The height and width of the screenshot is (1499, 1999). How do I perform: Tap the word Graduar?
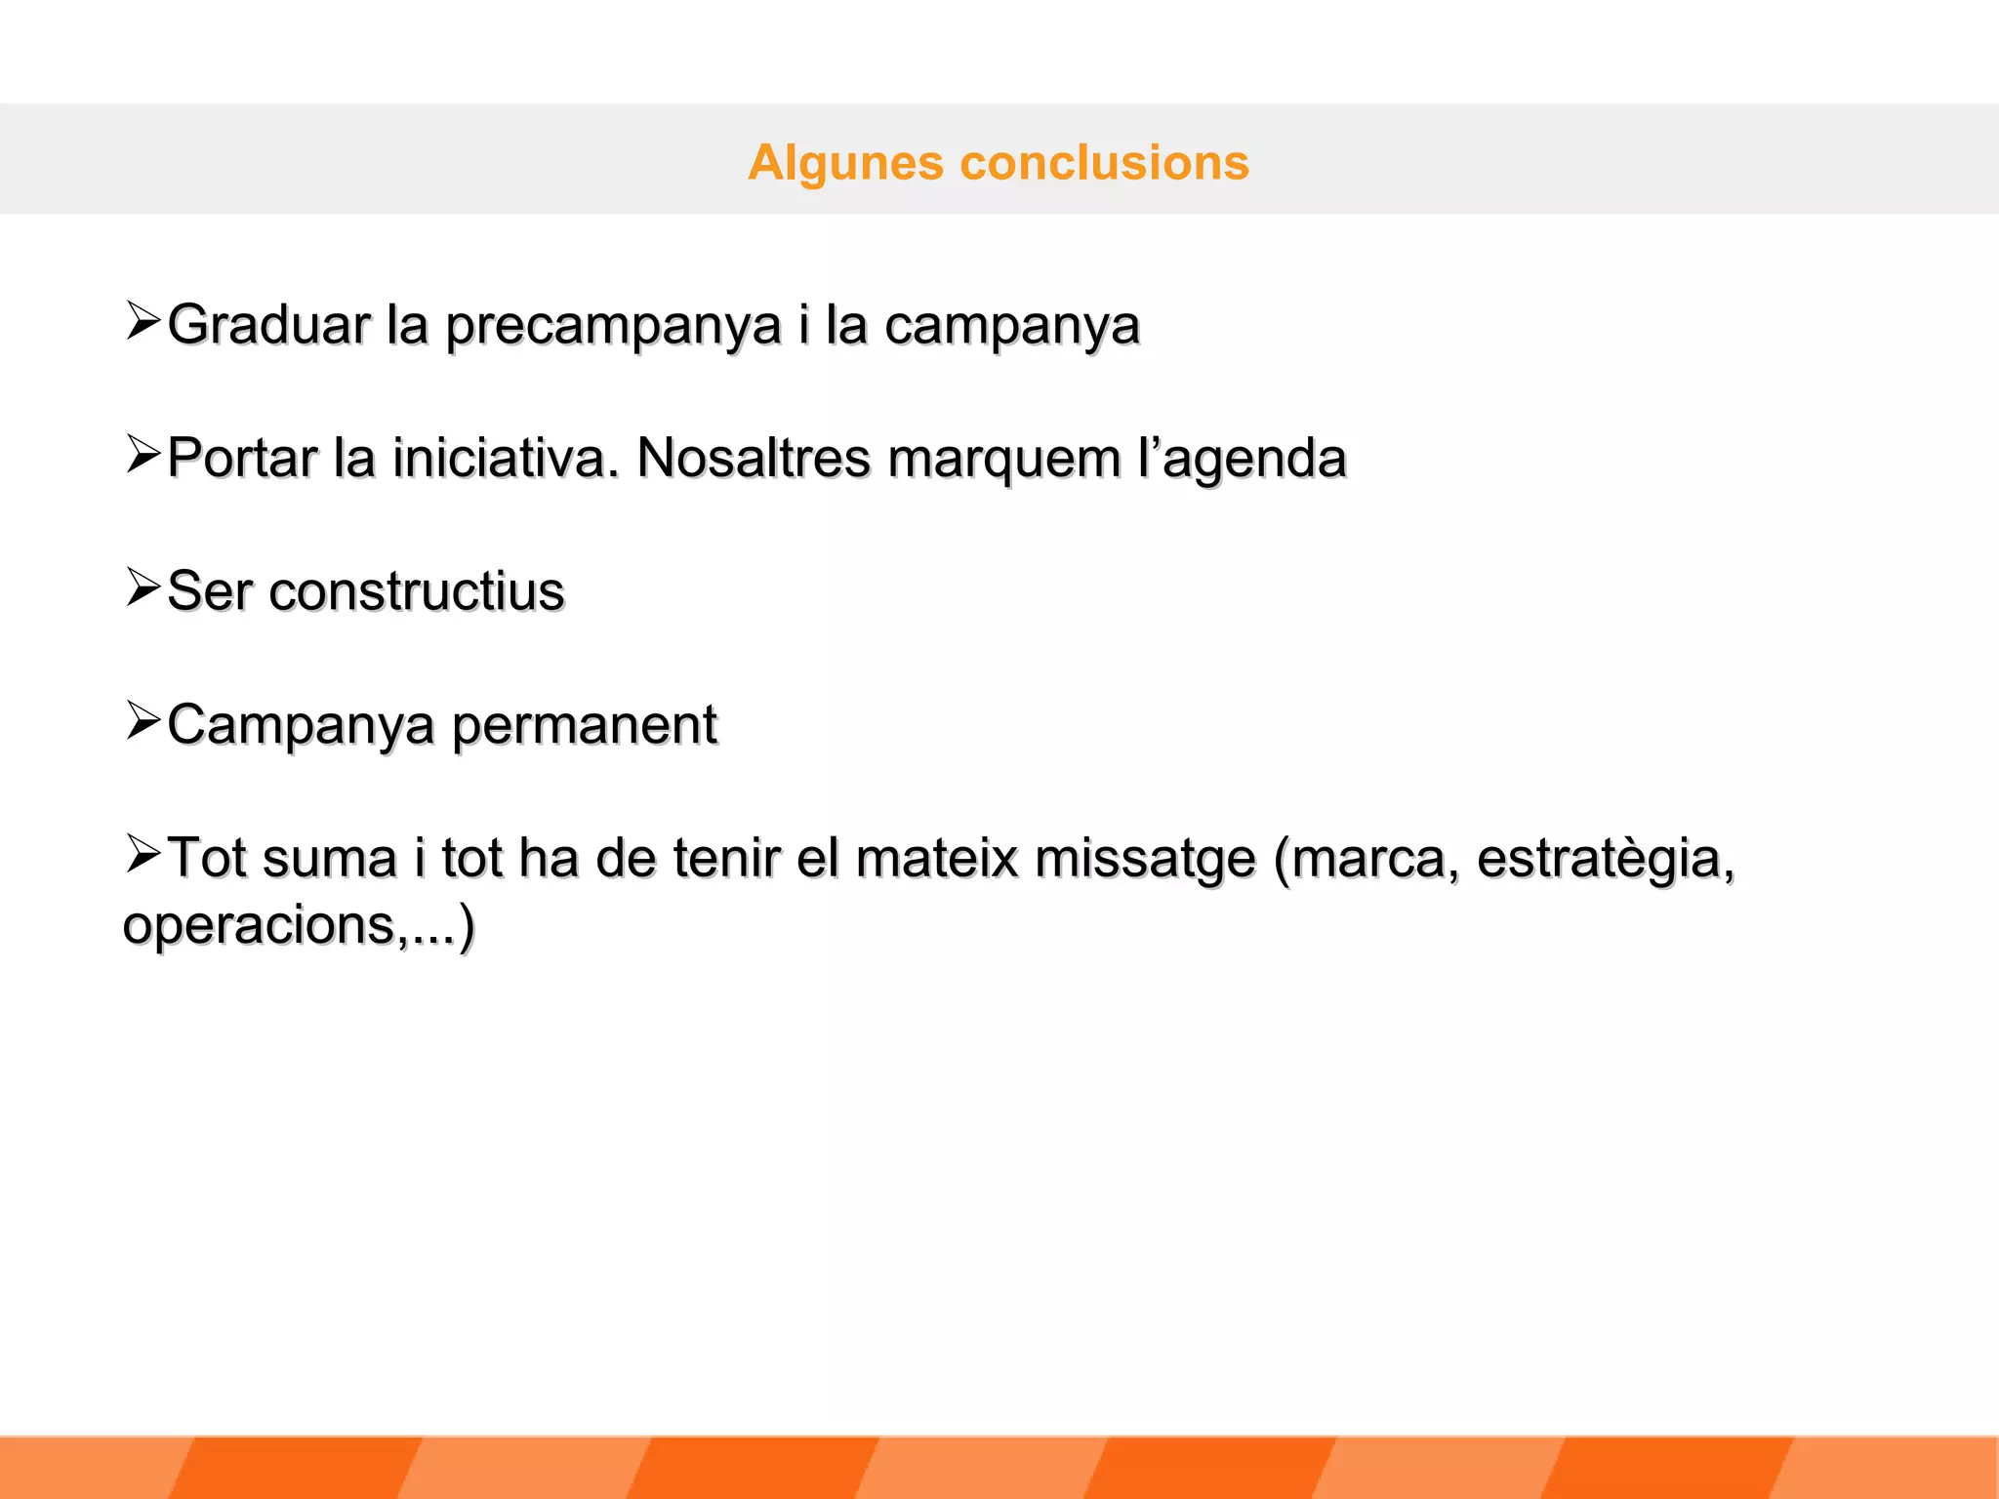(x=268, y=324)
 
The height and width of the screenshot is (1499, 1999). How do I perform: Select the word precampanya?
(x=613, y=326)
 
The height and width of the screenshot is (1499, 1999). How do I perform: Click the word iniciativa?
(x=506, y=458)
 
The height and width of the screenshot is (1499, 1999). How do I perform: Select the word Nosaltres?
(x=753, y=458)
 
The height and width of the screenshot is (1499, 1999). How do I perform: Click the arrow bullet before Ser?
(x=143, y=587)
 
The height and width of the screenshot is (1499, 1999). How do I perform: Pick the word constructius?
(x=417, y=591)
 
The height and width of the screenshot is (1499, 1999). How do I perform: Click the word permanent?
(x=585, y=725)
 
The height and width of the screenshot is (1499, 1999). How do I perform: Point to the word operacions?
(x=260, y=925)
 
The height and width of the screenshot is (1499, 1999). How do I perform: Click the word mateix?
(x=936, y=858)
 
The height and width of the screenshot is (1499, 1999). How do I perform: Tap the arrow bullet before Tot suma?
(x=143, y=854)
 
